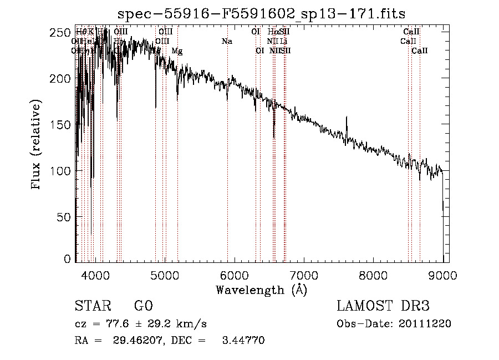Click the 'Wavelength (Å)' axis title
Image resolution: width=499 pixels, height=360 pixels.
pos(261,290)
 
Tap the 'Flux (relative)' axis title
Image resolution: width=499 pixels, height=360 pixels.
pos(37,146)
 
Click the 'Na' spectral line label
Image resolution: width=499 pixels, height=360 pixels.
pos(226,41)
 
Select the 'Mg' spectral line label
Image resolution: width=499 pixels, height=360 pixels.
pos(177,50)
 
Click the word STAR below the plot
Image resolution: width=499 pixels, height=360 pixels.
pos(92,306)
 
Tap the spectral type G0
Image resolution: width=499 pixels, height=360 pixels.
pos(143,306)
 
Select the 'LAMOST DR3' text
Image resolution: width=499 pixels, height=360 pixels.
pos(383,306)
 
